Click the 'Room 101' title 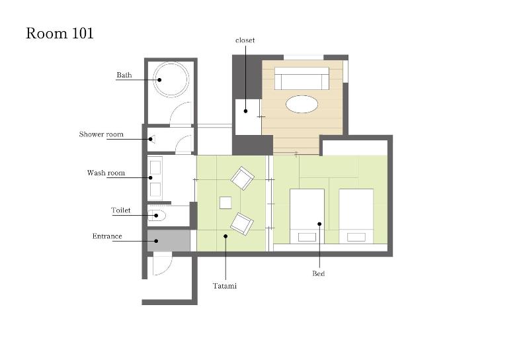[60, 34]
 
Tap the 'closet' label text [245, 40]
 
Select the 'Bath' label [124, 75]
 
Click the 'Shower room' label [101, 134]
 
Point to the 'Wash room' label [106, 173]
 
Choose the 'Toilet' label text [121, 210]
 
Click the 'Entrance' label [107, 236]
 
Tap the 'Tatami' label [225, 286]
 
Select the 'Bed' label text [319, 273]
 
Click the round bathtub [171, 79]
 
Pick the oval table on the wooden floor [302, 104]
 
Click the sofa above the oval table [302, 78]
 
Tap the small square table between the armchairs [225, 203]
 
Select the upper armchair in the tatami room [242, 178]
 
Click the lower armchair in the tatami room [242, 224]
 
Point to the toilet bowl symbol [157, 216]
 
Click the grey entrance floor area [169, 240]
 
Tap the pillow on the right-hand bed [356, 237]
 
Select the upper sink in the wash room [155, 167]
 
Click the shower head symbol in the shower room [152, 139]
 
